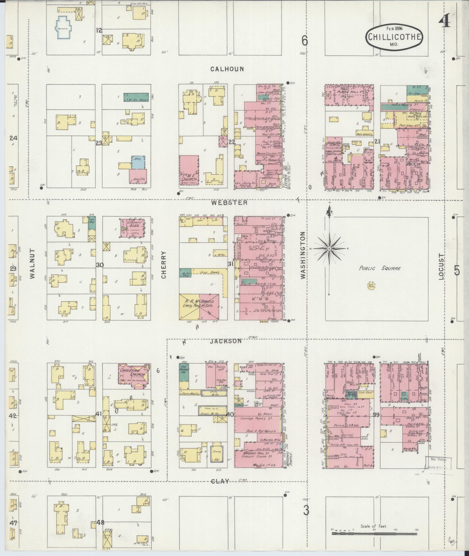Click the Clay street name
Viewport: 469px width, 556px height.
point(220,481)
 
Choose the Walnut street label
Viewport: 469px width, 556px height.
point(32,264)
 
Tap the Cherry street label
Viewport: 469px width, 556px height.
point(163,265)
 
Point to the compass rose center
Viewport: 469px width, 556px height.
point(329,249)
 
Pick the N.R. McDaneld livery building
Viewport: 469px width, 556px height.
point(199,307)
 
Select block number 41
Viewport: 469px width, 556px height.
point(99,414)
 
